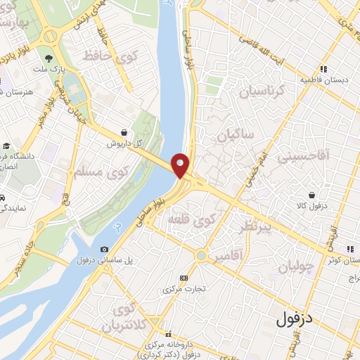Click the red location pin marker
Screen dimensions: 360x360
(181, 165)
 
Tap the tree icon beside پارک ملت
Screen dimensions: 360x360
(48, 58)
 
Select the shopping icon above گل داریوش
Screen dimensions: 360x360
(124, 131)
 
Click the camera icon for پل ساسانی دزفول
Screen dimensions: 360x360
(105, 249)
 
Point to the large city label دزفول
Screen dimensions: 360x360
(288, 317)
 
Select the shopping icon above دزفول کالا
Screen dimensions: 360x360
(311, 195)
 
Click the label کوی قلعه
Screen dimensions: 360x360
(189, 221)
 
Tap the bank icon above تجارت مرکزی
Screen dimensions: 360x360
(184, 278)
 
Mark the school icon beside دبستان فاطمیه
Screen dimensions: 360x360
(323, 69)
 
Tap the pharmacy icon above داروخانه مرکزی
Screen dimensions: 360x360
(168, 334)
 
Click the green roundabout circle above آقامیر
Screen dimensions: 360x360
(202, 255)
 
